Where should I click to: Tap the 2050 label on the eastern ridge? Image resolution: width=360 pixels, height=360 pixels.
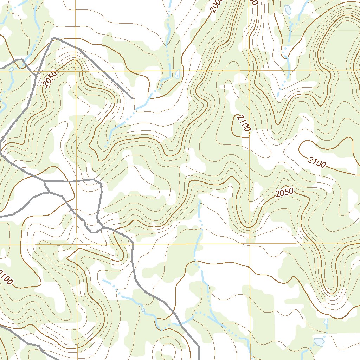pyautogui.click(x=284, y=193)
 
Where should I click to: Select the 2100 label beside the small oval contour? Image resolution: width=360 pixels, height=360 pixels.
pyautogui.click(x=243, y=123)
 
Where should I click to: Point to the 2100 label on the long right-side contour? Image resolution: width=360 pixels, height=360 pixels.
pyautogui.click(x=317, y=162)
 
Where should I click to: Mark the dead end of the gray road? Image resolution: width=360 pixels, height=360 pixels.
pyautogui.click(x=133, y=99)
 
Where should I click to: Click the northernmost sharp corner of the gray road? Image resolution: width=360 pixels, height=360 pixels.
pyautogui.click(x=53, y=37)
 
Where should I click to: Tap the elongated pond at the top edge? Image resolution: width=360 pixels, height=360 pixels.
pyautogui.click(x=288, y=9)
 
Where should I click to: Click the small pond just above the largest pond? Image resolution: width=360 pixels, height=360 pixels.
pyautogui.click(x=326, y=322)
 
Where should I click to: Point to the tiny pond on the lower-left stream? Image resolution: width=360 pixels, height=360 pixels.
pyautogui.click(x=143, y=310)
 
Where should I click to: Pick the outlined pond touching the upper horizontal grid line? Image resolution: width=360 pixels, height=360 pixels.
pyautogui.click(x=178, y=74)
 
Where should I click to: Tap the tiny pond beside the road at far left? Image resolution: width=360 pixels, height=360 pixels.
pyautogui.click(x=11, y=69)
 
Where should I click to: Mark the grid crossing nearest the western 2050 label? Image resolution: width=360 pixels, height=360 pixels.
pyautogui.click(x=76, y=71)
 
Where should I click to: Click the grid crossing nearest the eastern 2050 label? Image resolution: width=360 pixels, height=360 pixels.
pyautogui.click(x=249, y=243)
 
